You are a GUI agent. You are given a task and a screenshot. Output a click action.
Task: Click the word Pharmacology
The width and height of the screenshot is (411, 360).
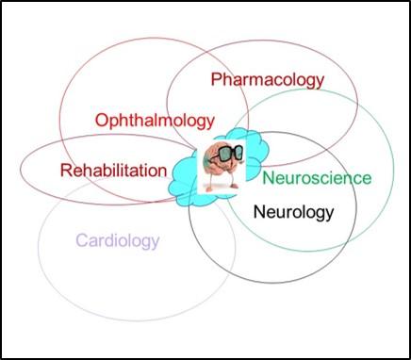click(268, 80)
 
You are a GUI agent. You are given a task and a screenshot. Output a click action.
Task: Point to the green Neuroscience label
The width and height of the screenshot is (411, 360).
click(317, 178)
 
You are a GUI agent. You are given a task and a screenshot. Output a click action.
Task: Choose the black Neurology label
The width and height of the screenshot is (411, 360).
click(294, 211)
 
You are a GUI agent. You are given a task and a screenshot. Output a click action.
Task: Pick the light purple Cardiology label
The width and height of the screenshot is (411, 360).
click(117, 240)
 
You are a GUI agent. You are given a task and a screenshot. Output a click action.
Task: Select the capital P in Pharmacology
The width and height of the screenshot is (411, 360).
click(217, 79)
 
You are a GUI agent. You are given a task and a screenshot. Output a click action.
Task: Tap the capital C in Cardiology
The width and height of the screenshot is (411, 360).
click(81, 240)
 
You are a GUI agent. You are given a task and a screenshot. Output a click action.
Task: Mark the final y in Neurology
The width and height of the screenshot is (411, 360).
click(329, 214)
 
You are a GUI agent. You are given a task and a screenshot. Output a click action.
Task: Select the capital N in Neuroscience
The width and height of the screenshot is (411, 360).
click(269, 177)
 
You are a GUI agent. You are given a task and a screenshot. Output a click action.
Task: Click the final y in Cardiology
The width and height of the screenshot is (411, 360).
click(156, 243)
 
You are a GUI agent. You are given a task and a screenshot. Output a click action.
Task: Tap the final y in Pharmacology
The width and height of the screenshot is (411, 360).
click(319, 83)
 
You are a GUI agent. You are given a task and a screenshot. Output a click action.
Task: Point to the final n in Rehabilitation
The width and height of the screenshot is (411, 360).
click(162, 172)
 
